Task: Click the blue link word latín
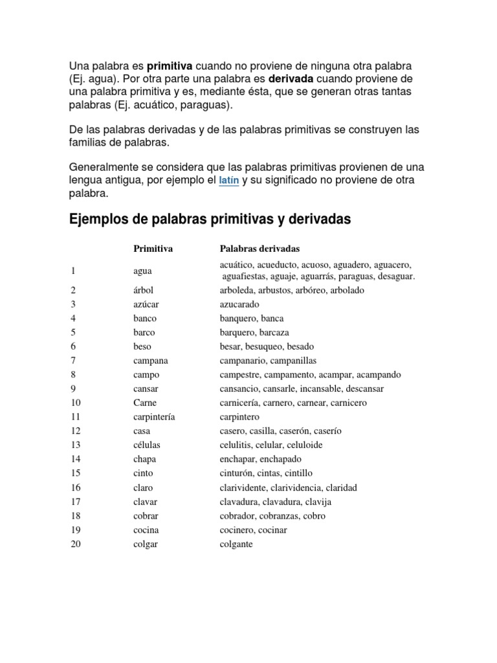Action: click(229, 181)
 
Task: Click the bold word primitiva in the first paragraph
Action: click(171, 66)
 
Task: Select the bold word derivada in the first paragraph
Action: click(291, 78)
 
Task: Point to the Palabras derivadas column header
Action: click(260, 249)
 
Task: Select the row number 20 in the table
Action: click(76, 545)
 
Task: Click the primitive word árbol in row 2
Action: click(144, 290)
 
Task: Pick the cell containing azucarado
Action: click(239, 304)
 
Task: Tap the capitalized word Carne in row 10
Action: click(145, 403)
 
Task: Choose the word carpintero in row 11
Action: click(239, 417)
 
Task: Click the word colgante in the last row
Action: click(236, 545)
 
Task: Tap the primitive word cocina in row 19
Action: click(146, 530)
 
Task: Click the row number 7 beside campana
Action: click(74, 361)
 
